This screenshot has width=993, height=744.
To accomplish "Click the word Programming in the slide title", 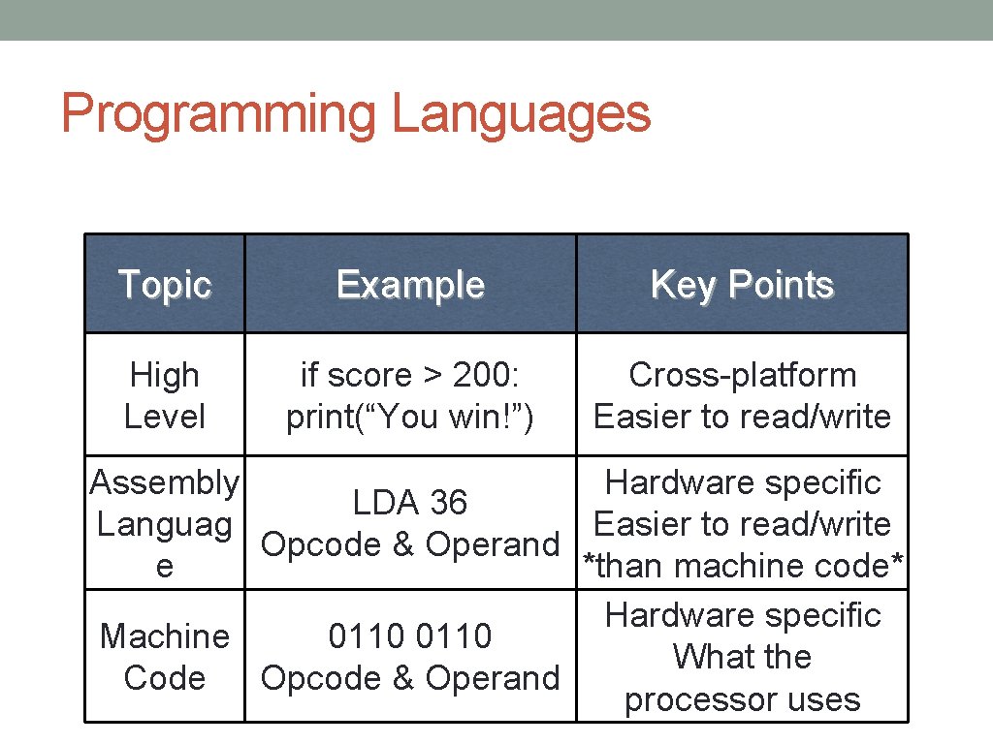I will (217, 114).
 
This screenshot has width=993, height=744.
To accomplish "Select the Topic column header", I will (164, 285).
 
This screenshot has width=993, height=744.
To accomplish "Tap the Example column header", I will (410, 285).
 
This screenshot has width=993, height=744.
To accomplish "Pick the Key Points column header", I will (742, 285).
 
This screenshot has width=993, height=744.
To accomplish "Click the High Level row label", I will (164, 395).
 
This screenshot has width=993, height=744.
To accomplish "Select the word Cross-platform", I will (742, 375).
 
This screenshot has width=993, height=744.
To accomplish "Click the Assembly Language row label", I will (164, 523).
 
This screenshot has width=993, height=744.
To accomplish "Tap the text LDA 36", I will (410, 503).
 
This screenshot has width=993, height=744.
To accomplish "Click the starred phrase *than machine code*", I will (742, 565).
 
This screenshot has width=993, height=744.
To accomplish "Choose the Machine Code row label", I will (164, 657).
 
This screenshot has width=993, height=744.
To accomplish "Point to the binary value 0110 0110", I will (410, 636).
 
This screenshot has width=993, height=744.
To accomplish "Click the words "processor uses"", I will (742, 699).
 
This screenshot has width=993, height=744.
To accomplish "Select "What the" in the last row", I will (742, 657).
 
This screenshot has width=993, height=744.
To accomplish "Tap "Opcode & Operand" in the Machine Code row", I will (410, 678).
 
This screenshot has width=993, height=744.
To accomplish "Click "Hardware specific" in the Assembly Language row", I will (742, 482).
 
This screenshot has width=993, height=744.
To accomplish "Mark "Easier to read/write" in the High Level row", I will (742, 417).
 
